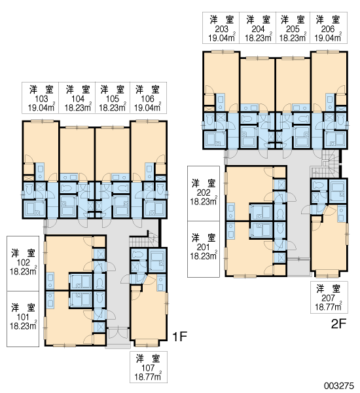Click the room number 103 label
click(41, 99)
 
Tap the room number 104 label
click(78, 99)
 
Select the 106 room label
click(147, 99)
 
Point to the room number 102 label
click(24, 263)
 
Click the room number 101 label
click(23, 317)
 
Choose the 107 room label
click(148, 368)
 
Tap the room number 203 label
click(222, 29)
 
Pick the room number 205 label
click(293, 29)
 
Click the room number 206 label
click(328, 29)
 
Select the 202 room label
click(204, 193)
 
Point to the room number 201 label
click(203, 247)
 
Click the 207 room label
click(329, 298)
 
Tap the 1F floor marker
click(180, 337)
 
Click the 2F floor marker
click(338, 324)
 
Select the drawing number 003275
click(339, 385)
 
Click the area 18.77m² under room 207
click(329, 307)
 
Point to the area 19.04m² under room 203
click(222, 37)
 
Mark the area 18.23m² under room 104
click(78, 107)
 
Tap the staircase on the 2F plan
click(325, 164)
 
